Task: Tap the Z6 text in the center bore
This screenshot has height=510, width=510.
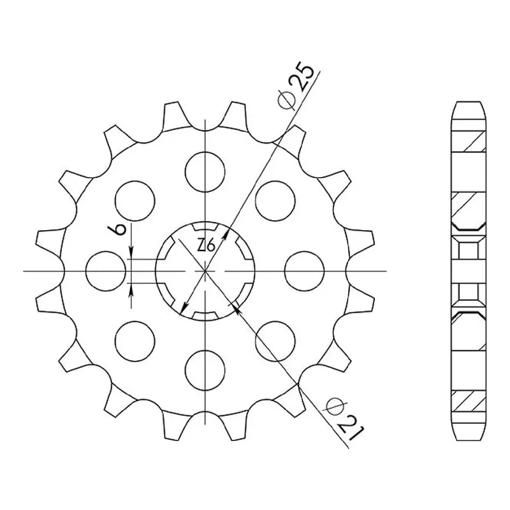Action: point(206,245)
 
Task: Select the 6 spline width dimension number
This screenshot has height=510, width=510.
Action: point(120,229)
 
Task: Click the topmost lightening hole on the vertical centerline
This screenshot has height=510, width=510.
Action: point(205,171)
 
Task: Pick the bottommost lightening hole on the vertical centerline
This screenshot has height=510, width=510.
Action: point(205,370)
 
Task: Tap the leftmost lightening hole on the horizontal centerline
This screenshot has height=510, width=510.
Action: point(106,270)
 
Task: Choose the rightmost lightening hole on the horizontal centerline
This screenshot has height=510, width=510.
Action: point(305,270)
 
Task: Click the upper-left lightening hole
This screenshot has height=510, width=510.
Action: point(135,201)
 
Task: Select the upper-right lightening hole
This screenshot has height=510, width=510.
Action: point(275,201)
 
